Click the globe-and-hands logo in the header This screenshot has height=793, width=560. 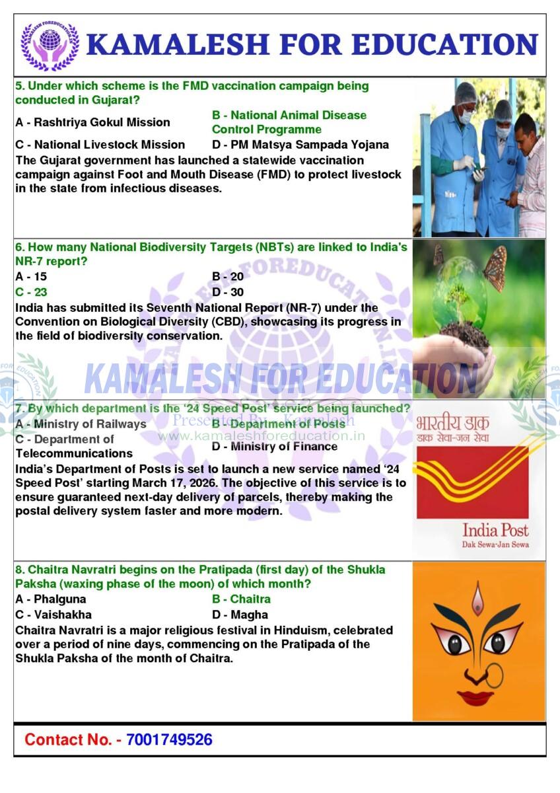coord(50,45)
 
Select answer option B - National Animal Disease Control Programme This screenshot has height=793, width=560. coord(289,122)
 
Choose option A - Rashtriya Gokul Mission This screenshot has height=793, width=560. coord(92,122)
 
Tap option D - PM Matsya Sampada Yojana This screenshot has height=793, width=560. coord(300,145)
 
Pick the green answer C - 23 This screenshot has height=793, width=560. coord(31,292)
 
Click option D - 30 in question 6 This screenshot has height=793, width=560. coord(228,292)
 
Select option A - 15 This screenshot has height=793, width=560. coord(31,277)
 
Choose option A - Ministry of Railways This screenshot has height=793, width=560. coord(81,424)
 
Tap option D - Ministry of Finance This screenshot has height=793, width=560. coord(275,447)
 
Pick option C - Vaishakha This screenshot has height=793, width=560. coord(53,615)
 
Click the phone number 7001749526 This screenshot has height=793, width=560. coord(169,739)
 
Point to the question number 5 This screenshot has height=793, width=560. coord(19,86)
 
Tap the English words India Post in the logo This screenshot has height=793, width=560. coord(495,530)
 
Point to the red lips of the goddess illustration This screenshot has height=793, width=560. coord(475,697)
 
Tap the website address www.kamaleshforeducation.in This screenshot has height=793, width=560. coord(262,436)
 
